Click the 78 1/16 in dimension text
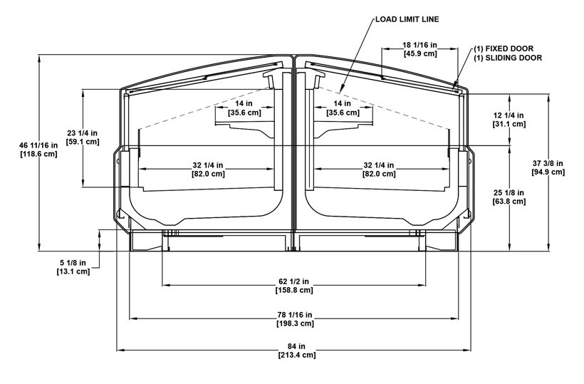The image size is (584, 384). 295,315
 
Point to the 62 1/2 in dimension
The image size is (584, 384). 294,281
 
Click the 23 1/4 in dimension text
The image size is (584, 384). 83,133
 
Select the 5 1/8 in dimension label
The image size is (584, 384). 74,263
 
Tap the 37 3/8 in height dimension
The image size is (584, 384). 548,163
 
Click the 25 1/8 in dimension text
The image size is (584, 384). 509,192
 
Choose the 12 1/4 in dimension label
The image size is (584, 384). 509,115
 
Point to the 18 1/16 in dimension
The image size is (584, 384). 419,45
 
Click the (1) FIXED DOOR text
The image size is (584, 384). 508,48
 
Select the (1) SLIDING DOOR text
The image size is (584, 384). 509,58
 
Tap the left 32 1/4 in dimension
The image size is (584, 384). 208,165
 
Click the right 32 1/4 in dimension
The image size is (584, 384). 380,165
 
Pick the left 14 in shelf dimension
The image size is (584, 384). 244,103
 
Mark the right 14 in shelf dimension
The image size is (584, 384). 343,103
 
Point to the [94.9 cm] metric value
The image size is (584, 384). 548,172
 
